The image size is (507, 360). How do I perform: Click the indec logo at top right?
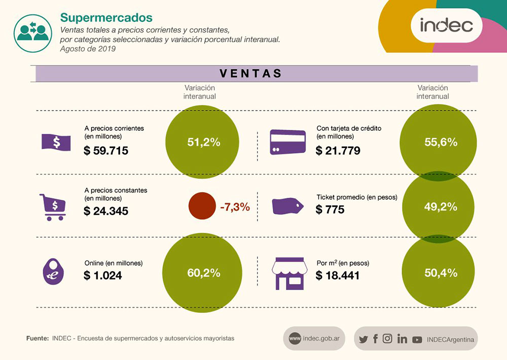(446, 25)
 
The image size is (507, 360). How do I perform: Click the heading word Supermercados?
(106, 18)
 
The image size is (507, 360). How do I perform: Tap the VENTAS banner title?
(251, 74)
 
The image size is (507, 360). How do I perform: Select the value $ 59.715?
(106, 151)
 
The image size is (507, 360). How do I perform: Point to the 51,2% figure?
(204, 142)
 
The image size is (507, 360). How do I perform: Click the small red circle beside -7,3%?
(203, 206)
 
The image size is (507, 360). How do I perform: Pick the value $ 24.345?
(106, 211)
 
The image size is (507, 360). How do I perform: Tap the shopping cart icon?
(53, 207)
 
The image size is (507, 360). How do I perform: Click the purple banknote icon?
(56, 142)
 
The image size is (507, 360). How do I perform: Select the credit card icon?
(287, 142)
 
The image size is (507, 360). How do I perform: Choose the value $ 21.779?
(338, 151)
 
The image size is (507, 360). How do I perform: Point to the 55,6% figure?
(441, 142)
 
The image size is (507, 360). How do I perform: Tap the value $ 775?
(330, 209)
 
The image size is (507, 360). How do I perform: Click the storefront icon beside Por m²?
(290, 274)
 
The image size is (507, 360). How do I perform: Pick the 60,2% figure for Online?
(204, 273)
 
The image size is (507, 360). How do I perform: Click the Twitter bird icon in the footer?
(363, 339)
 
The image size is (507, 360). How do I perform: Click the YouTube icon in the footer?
(417, 339)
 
